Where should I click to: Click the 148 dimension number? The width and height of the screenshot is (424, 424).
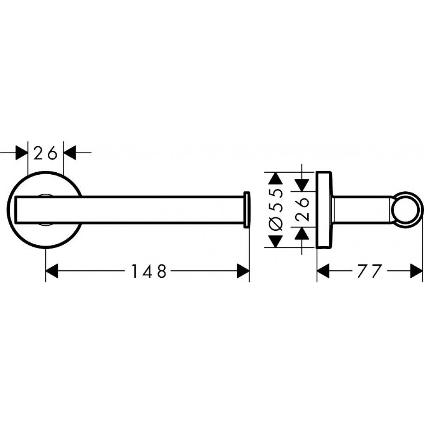(x=149, y=271)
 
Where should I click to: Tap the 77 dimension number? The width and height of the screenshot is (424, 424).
(x=369, y=271)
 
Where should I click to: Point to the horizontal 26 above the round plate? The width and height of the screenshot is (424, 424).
(x=46, y=153)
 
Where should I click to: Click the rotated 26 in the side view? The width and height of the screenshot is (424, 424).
(x=302, y=209)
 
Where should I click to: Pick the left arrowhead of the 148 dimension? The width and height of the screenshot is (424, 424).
(x=52, y=271)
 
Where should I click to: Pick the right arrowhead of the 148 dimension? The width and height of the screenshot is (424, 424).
(x=243, y=271)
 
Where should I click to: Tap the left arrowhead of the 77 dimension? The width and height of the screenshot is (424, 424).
(x=323, y=271)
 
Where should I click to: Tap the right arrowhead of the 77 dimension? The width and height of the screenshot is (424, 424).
(x=416, y=271)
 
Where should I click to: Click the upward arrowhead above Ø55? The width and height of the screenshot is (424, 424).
(x=276, y=178)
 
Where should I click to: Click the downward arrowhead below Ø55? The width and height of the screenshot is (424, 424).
(x=276, y=241)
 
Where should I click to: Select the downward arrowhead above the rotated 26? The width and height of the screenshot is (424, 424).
(x=302, y=185)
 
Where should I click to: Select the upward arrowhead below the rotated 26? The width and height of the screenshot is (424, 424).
(x=302, y=233)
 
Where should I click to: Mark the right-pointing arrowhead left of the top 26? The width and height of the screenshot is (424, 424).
(x=22, y=153)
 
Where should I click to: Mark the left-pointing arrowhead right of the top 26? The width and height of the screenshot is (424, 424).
(x=69, y=153)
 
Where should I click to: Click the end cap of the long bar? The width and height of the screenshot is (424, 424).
(x=247, y=210)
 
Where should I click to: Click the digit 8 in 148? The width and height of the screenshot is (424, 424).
(x=162, y=271)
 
